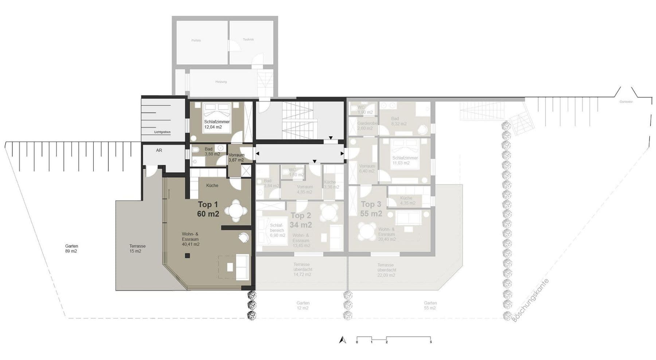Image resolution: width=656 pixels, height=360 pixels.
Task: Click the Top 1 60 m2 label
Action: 208,209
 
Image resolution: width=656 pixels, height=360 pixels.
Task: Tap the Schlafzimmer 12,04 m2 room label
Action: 217,124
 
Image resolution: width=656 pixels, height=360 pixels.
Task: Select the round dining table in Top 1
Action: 236,211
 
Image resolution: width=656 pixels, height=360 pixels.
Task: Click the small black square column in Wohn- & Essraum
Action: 187,256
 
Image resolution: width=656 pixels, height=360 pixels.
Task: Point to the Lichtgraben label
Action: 162,132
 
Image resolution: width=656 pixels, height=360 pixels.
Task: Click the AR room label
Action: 159,150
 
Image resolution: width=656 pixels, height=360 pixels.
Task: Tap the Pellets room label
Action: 196,40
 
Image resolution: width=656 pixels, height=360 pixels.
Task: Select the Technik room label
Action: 248,39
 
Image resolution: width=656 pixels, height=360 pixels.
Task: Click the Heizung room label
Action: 221,82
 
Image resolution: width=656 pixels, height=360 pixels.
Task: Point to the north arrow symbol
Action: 342,340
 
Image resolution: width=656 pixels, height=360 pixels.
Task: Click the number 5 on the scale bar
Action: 431,342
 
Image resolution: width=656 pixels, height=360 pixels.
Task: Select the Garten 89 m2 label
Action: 72,249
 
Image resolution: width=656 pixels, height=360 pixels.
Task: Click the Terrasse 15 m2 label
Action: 137,249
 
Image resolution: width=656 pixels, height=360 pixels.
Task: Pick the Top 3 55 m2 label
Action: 371,209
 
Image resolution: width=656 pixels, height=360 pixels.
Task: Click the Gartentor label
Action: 626,102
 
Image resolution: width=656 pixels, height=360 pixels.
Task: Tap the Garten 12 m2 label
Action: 303,305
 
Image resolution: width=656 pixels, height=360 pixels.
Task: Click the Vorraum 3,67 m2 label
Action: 236,157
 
